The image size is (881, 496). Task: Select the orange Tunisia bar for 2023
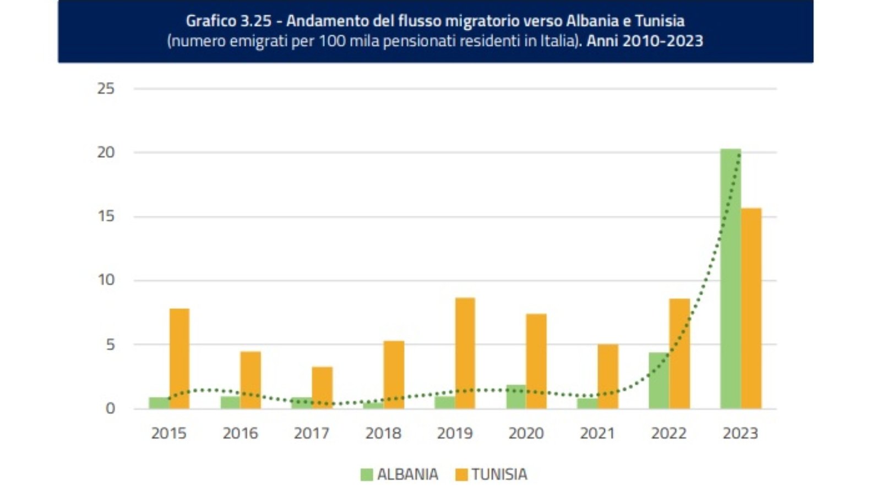point(751,308)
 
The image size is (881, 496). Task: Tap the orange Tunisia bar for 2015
point(180,358)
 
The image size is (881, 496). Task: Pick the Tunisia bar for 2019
point(465,353)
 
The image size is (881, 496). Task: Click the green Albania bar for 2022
point(659,380)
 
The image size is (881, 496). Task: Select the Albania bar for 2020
point(516,397)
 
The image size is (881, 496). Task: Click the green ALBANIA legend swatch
point(367,475)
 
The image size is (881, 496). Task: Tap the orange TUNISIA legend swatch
point(461,475)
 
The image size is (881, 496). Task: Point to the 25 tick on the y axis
point(106,88)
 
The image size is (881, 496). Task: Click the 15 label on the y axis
point(106,216)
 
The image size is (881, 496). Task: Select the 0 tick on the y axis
point(110,408)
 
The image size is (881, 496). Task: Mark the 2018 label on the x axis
point(383,433)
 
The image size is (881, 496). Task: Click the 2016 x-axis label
point(240,433)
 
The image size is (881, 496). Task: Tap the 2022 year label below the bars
point(668,433)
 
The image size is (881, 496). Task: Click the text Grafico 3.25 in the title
point(229,21)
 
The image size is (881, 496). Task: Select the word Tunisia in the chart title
point(660,21)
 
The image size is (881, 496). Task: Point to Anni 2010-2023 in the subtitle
point(645,41)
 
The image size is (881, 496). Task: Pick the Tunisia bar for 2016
point(251,380)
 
